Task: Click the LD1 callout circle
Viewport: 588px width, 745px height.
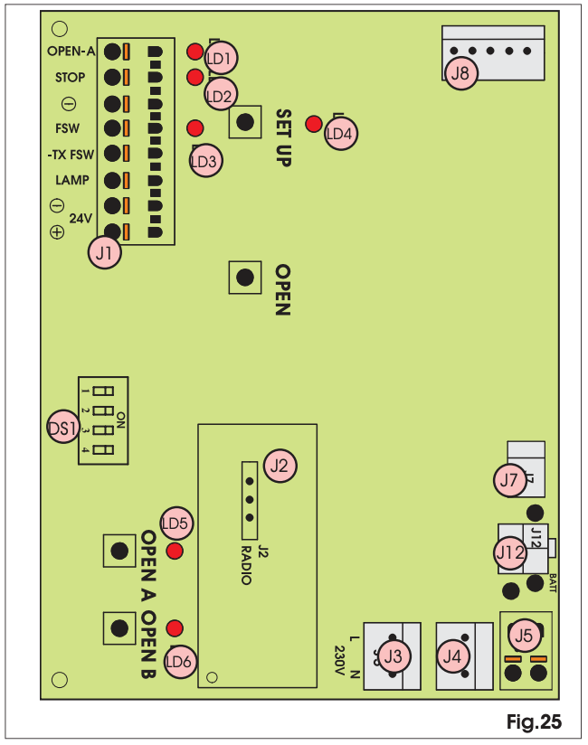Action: tap(220, 58)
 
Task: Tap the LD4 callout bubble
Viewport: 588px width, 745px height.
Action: tap(340, 134)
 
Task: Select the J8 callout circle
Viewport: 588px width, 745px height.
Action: tap(460, 73)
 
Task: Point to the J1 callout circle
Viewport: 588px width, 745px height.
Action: tap(105, 252)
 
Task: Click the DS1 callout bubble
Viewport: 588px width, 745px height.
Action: tap(63, 427)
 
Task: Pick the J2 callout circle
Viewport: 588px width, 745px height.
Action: tap(280, 466)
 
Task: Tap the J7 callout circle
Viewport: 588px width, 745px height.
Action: tap(509, 480)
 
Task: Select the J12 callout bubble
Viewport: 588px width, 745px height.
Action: tap(511, 552)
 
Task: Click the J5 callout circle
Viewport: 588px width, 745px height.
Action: tap(524, 636)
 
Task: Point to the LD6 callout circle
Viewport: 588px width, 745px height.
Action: tap(180, 662)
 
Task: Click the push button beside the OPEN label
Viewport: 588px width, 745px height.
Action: tap(245, 278)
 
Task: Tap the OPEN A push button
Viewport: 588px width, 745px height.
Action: tap(119, 551)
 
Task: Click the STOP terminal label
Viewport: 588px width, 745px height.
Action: tap(71, 77)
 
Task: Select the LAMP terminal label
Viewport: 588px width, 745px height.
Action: tap(72, 180)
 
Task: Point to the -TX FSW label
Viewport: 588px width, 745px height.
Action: tap(71, 155)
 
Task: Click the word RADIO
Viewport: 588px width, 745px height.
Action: tap(246, 565)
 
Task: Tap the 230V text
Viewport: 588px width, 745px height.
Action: tap(339, 660)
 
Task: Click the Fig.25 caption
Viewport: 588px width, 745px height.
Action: tap(535, 721)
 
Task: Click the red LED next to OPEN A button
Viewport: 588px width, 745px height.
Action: tap(175, 552)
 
